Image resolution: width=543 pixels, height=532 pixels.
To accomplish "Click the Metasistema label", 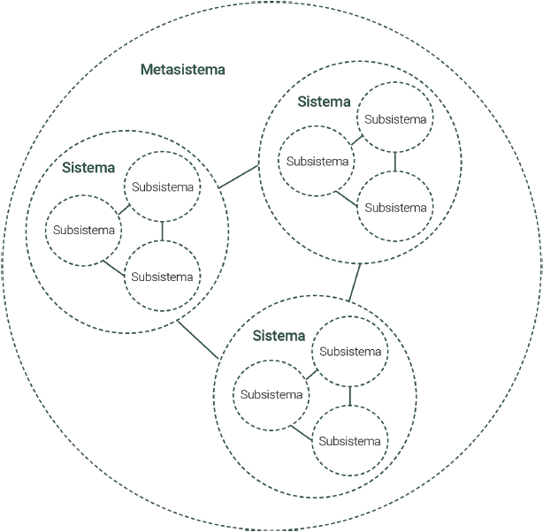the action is (x=183, y=70).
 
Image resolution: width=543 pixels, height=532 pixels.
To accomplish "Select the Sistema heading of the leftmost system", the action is (x=88, y=168).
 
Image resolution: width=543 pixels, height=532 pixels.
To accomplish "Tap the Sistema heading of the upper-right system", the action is (x=324, y=102).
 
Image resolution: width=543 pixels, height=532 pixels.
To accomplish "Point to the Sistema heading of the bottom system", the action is (x=279, y=336).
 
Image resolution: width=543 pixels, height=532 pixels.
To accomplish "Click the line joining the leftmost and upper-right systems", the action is (x=238, y=177).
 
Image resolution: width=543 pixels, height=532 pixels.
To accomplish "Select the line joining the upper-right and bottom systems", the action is (x=355, y=283).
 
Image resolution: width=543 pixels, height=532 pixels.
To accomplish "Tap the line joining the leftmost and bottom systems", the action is (x=198, y=340).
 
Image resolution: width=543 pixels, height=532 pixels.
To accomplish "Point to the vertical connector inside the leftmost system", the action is (x=163, y=232).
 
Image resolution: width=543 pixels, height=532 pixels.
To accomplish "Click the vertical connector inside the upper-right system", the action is (x=395, y=162).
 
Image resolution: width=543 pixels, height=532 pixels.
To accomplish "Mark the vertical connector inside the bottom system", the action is (x=350, y=396).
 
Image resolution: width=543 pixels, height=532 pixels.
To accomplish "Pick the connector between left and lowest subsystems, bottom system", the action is (x=302, y=433).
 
